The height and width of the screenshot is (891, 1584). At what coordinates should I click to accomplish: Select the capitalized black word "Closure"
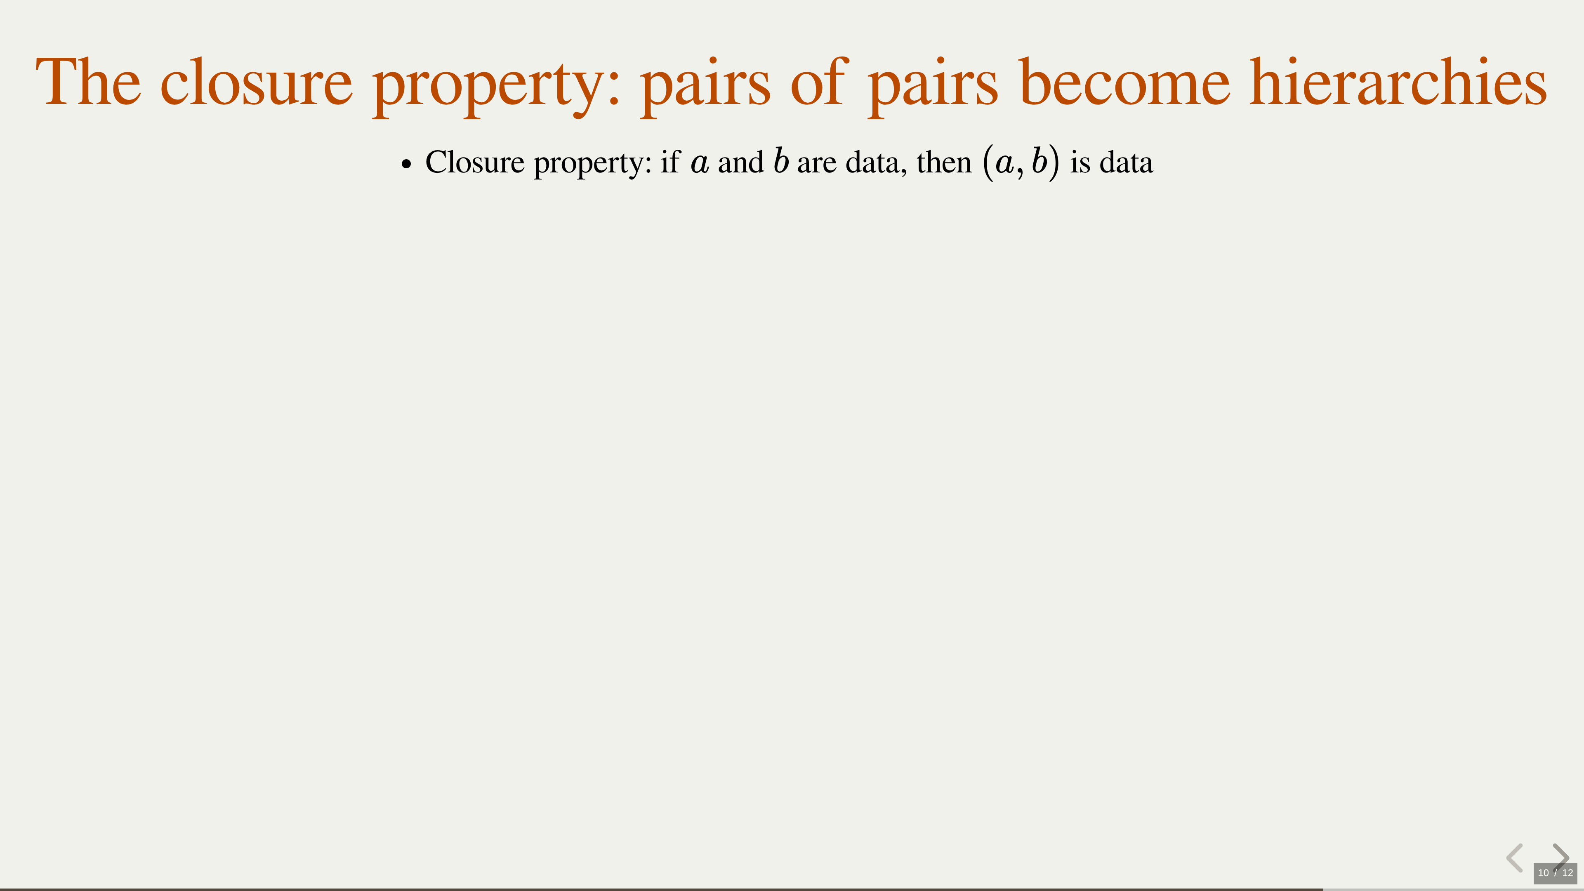[x=475, y=163]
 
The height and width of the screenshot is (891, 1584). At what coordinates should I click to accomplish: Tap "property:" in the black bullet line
[x=593, y=164]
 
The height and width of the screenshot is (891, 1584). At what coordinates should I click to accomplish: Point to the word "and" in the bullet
[x=741, y=163]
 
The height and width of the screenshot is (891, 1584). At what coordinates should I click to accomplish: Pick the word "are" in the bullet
[x=817, y=164]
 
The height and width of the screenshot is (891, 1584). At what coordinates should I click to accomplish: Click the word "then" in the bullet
[x=944, y=163]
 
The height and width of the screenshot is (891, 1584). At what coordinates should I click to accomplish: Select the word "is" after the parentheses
[x=1080, y=163]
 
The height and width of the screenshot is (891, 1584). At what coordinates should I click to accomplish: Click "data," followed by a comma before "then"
[x=876, y=164]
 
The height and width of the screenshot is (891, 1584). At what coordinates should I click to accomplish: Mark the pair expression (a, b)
[x=1021, y=163]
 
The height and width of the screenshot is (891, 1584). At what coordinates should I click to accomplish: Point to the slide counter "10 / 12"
[x=1555, y=872]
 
